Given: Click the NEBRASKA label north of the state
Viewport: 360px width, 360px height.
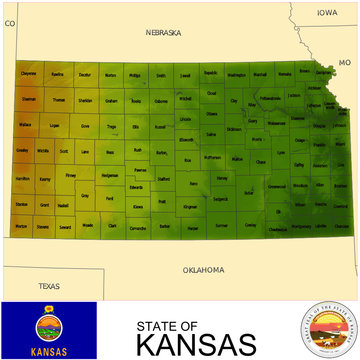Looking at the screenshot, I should coord(163,32).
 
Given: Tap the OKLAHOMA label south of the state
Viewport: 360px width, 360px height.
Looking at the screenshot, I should coord(203,270).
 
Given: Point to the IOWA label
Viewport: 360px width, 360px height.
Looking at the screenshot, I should coord(328,12).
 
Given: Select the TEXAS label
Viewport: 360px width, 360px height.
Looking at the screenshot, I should coord(49,286).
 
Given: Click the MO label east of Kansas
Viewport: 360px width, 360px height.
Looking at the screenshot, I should coord(345,62).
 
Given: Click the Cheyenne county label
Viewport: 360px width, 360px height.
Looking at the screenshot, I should coord(29,73).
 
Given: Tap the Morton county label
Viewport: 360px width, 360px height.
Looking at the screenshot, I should coord(21,226).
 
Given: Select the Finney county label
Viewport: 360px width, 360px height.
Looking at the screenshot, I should coord(70,175).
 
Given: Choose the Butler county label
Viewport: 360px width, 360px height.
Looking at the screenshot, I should coord(249,192).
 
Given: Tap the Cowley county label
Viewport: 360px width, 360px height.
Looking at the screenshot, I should coord(250,226).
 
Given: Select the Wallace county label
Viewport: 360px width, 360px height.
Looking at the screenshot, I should coord(25,126).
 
